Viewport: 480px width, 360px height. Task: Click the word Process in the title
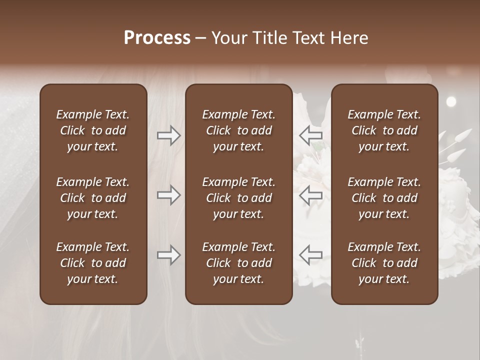tap(157, 38)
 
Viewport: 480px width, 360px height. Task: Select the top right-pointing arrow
tap(168, 135)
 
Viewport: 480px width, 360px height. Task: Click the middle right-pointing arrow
tap(168, 195)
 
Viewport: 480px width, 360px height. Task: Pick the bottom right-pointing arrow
tap(168, 255)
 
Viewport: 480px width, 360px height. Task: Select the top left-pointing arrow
tap(311, 135)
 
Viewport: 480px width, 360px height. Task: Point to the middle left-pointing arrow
tap(311, 195)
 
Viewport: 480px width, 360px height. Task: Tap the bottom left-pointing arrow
tap(311, 255)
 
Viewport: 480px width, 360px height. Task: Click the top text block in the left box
tap(93, 130)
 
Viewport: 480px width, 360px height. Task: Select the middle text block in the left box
tap(93, 198)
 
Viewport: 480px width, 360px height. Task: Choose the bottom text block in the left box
tap(93, 263)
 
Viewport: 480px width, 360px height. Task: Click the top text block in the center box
tap(239, 130)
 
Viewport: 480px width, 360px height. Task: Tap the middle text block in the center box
tap(239, 198)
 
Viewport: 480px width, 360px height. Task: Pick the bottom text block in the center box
tap(239, 263)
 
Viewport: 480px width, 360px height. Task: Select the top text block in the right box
tap(384, 130)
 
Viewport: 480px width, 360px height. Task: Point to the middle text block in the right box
tap(384, 198)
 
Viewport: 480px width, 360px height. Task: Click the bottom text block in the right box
tap(384, 263)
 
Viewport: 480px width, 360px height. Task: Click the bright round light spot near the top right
tap(451, 101)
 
